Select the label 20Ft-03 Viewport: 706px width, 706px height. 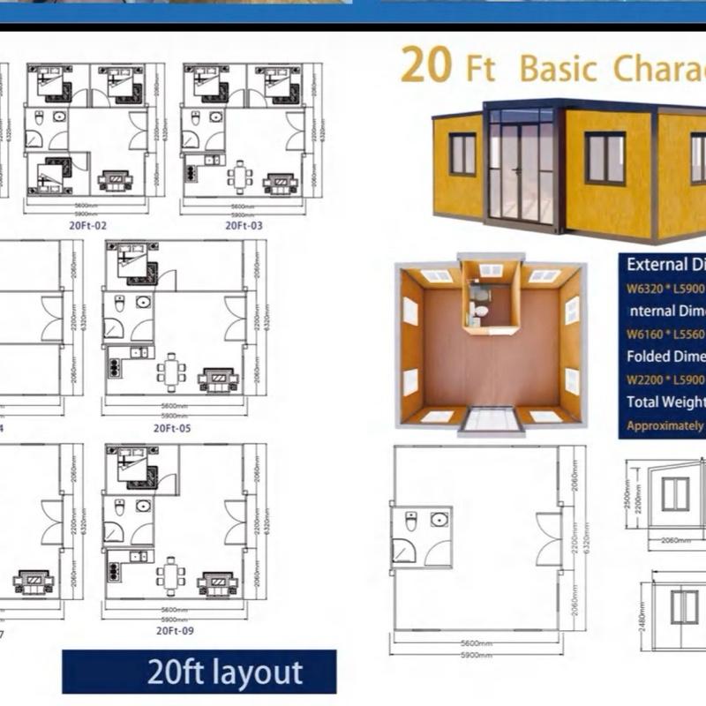click(x=244, y=226)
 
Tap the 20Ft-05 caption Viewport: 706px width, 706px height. click(x=172, y=428)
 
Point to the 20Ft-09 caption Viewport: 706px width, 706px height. click(x=174, y=630)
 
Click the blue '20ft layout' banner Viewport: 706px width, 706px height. click(x=199, y=672)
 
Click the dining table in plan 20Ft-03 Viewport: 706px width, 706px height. click(x=238, y=176)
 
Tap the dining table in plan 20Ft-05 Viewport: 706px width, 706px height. click(x=170, y=372)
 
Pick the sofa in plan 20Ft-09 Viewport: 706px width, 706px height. click(x=216, y=583)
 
